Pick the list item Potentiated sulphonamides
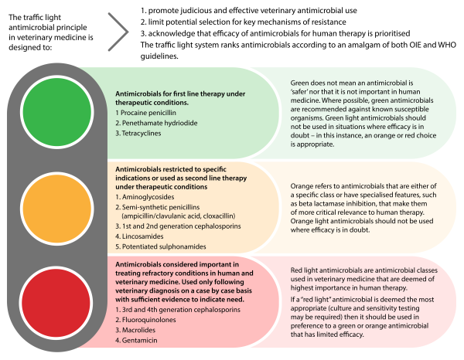140,247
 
